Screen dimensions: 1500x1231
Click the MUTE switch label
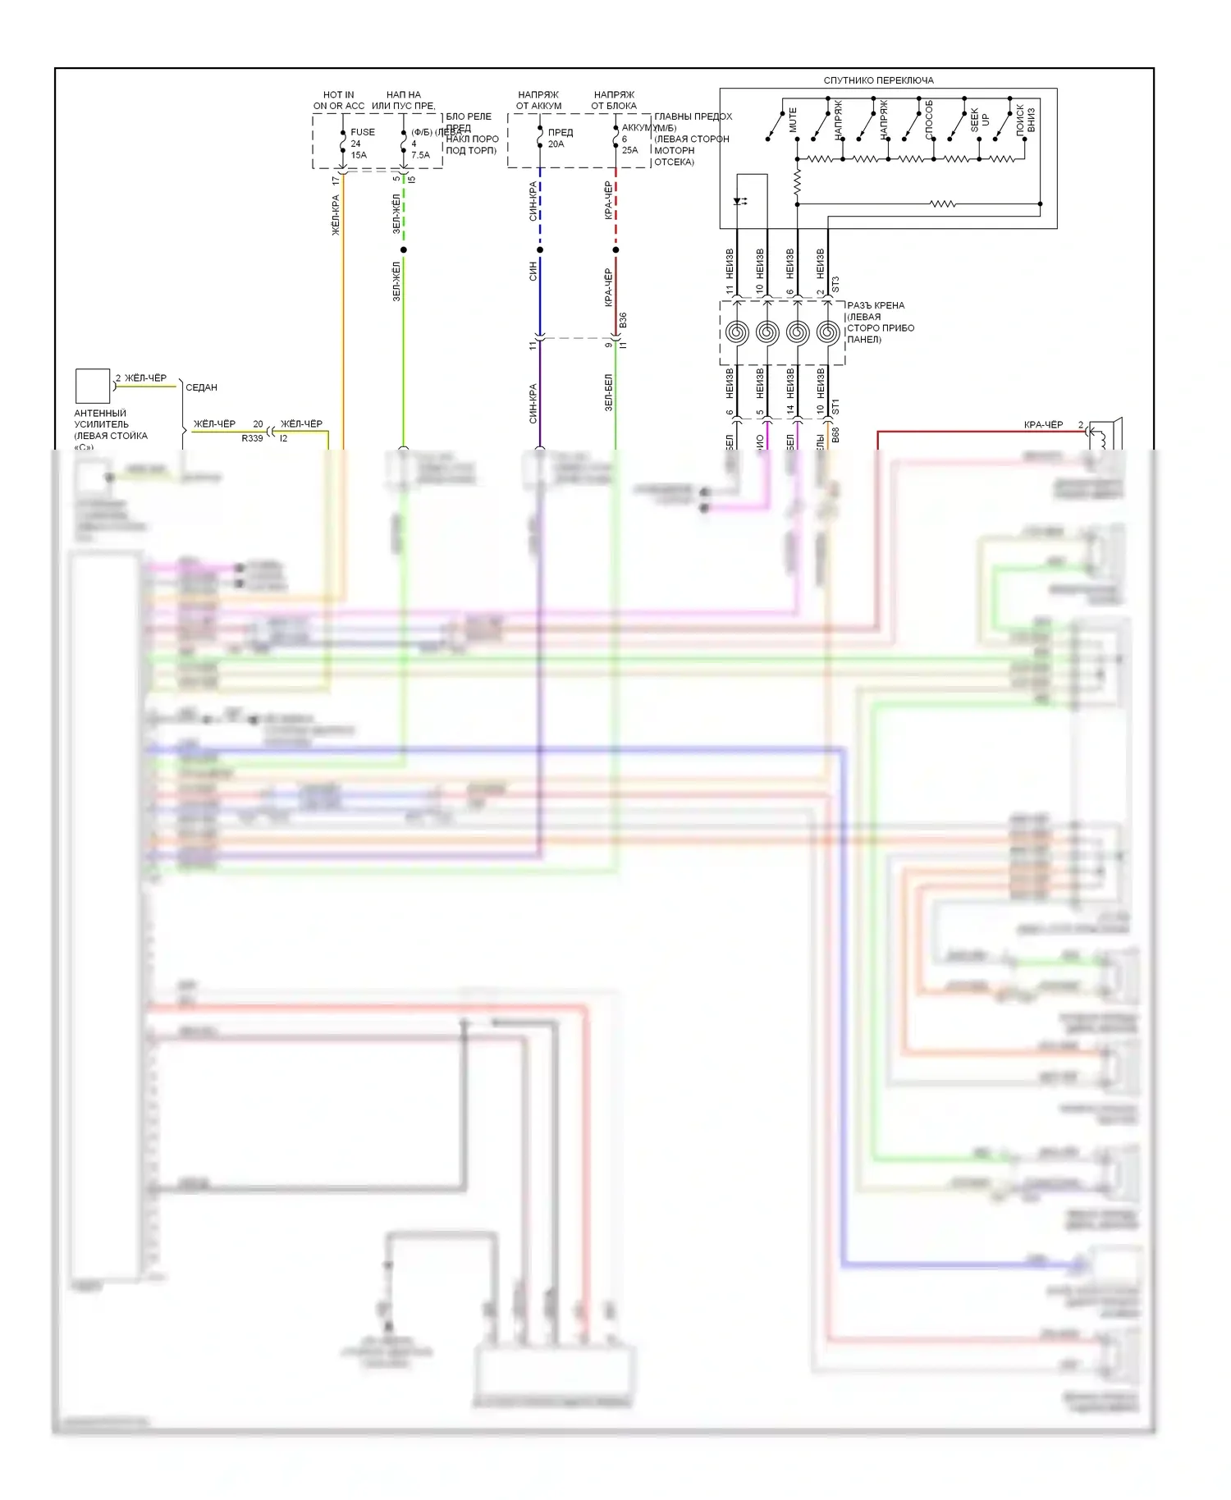793,120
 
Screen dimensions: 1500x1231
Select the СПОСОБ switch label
929,120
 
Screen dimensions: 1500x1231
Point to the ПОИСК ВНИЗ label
1026,119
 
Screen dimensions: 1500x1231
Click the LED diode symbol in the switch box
740,201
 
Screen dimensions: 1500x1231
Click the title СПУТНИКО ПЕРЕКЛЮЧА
878,80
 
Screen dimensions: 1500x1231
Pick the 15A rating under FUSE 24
359,155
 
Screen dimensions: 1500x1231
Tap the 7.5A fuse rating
420,155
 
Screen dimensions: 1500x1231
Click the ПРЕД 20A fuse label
559,138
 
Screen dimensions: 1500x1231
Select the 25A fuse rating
629,150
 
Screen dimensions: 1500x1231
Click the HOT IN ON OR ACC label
338,100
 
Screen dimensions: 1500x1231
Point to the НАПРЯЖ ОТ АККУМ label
538,100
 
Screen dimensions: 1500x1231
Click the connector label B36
623,320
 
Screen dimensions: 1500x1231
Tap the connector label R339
252,438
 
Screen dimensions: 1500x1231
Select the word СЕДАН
201,387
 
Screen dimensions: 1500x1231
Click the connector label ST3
835,285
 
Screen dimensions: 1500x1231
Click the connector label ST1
835,406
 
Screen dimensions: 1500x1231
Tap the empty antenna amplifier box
93,386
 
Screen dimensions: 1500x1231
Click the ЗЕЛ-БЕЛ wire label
609,392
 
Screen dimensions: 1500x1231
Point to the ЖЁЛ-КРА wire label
336,215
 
